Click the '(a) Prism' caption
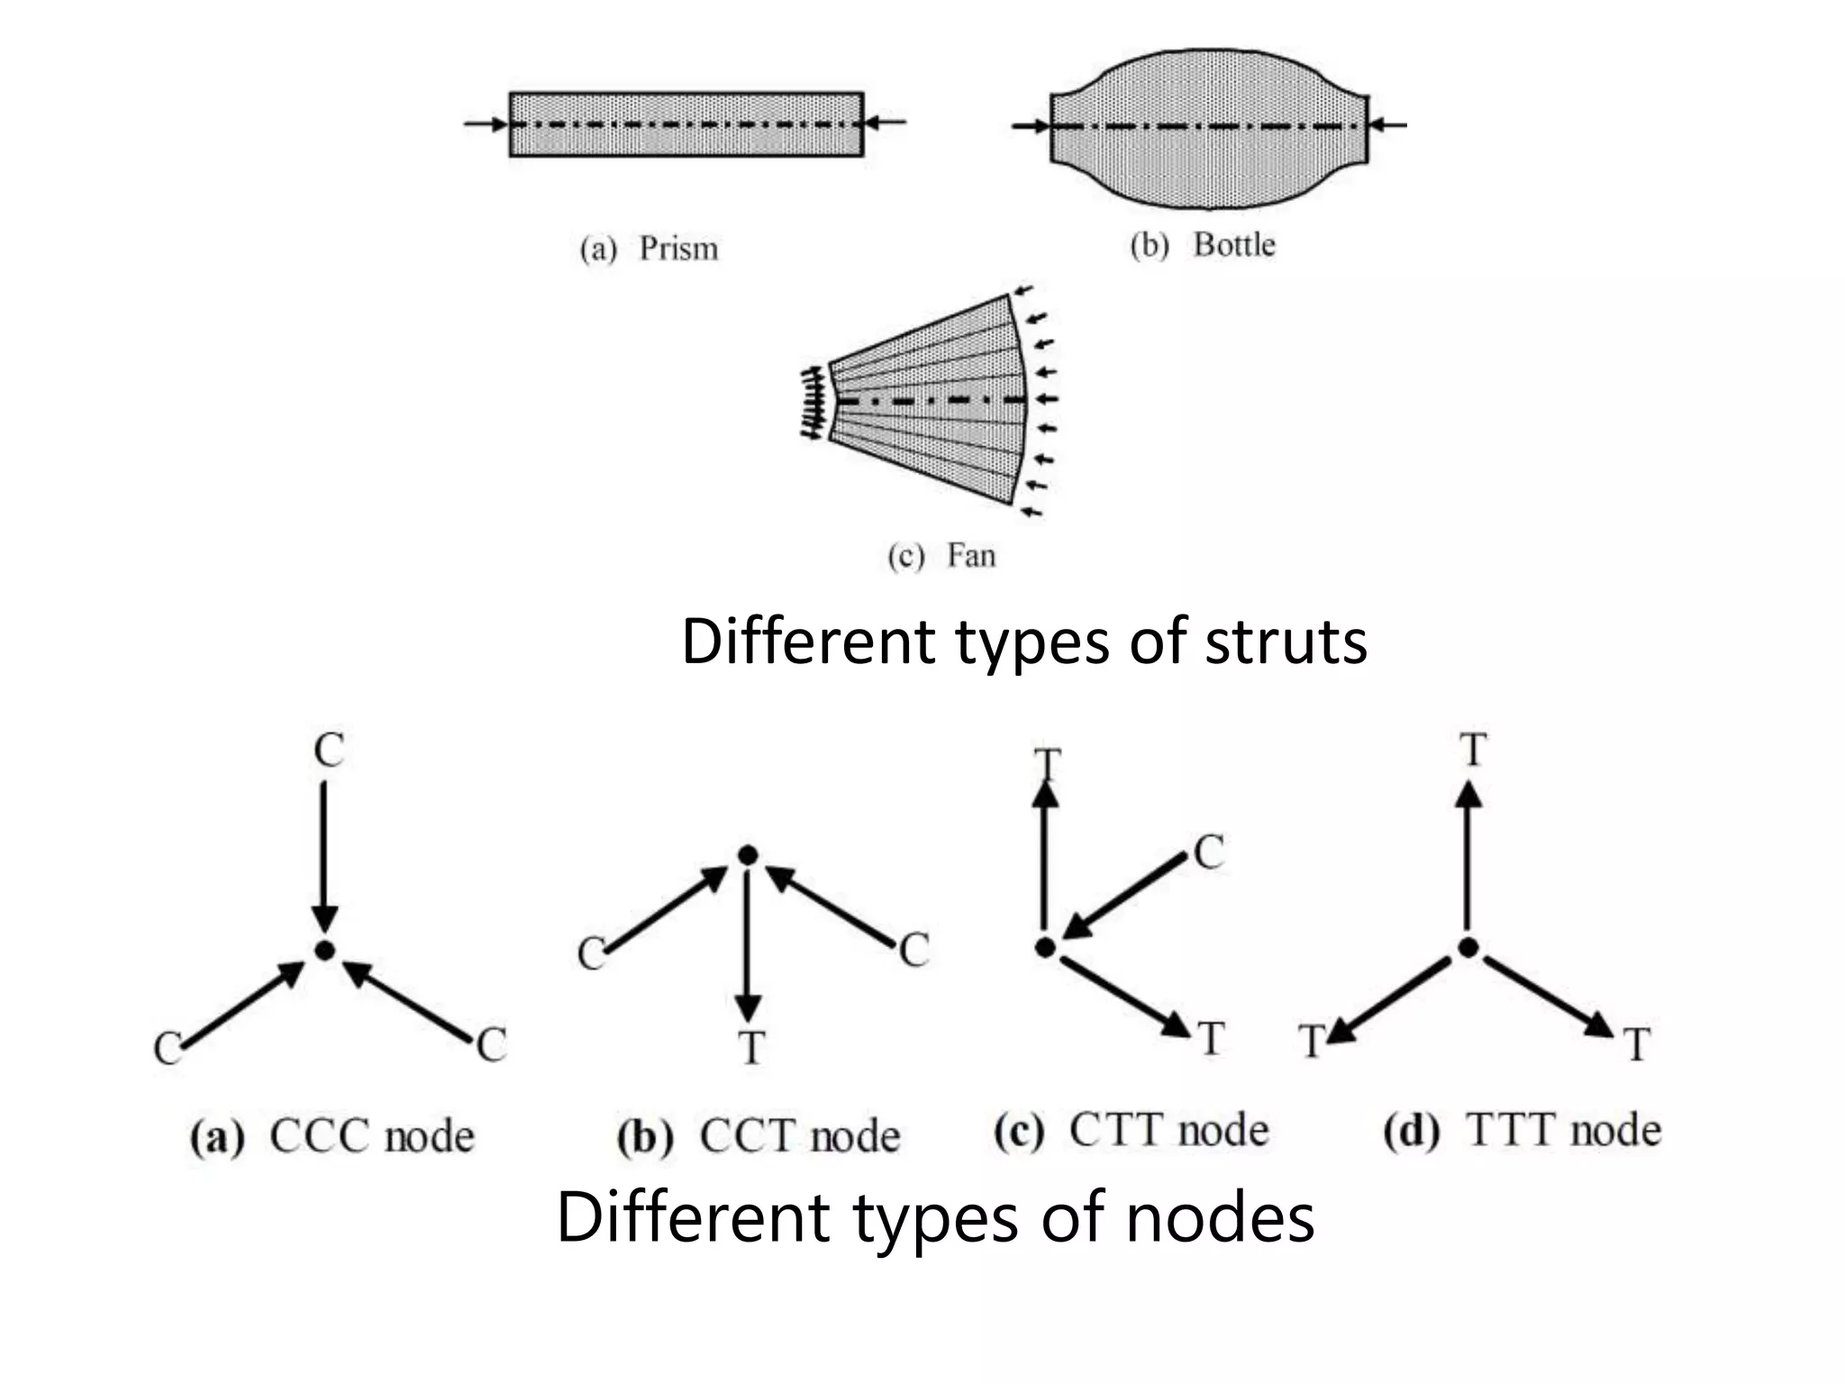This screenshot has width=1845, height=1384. coord(649,249)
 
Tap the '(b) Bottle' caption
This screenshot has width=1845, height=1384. coord(1203,245)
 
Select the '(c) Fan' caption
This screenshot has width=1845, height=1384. coord(941,555)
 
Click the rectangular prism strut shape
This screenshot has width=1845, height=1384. coord(686,124)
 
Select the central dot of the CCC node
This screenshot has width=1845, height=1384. coord(324,951)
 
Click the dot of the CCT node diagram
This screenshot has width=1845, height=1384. coord(747,855)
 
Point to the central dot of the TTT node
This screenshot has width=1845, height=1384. coord(1468,947)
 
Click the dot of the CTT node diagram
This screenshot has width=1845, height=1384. coord(1045,947)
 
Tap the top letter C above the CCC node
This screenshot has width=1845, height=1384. coord(329,750)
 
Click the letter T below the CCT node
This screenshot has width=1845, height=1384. coord(750,1048)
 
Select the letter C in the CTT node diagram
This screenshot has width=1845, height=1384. coord(1209,852)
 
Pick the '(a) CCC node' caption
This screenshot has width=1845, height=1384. coord(332,1136)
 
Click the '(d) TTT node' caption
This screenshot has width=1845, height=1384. coord(1522,1131)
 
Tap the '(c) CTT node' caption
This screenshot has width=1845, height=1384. coord(1132,1131)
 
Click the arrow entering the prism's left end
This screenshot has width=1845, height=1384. coord(487,124)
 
